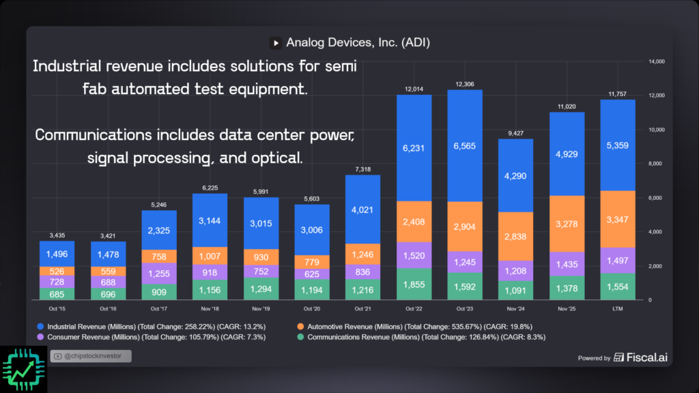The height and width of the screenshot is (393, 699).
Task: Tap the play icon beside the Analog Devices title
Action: [276, 43]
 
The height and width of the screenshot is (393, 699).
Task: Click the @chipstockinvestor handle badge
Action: [90, 355]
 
